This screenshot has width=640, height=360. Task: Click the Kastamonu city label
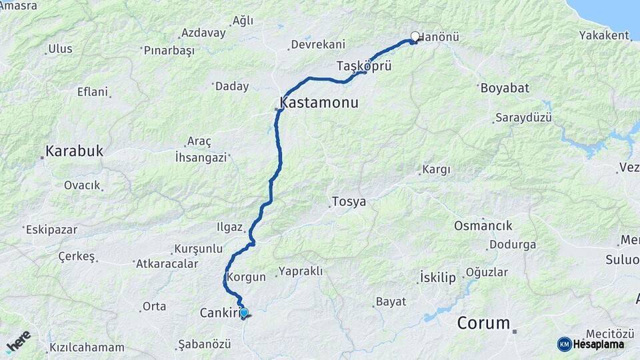pos(319,103)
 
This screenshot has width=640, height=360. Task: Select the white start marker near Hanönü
pos(415,37)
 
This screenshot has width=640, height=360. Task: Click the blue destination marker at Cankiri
pos(244,313)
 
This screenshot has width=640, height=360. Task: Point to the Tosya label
pos(349,201)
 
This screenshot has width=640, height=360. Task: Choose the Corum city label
pos(483,323)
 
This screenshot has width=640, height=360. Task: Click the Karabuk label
pos(74,151)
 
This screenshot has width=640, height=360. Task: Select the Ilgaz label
pos(229,227)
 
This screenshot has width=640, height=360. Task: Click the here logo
pos(19,341)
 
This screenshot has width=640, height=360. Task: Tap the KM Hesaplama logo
pos(591,344)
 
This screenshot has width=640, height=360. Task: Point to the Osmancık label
pos(483,225)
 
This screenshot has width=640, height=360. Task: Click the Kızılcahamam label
pos(87,347)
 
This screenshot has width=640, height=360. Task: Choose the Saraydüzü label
pos(523,118)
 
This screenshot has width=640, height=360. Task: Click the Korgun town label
pos(247,277)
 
